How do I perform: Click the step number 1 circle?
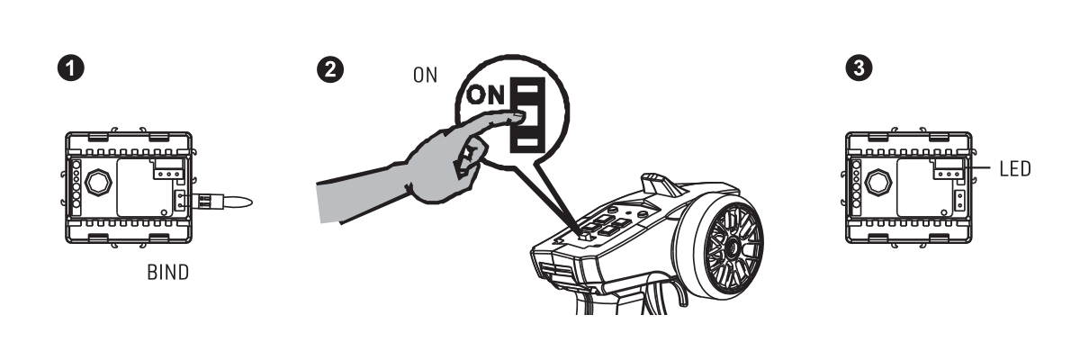click(x=71, y=68)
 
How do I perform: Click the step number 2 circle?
click(x=330, y=69)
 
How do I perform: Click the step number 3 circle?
click(x=859, y=67)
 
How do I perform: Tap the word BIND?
click(x=167, y=273)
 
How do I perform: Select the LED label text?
click(x=1015, y=169)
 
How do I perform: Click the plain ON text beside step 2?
click(x=425, y=76)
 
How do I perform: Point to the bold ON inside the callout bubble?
click(x=485, y=94)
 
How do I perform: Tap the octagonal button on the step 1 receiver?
click(x=98, y=183)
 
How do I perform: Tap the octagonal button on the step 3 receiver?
click(x=878, y=183)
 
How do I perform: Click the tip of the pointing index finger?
click(x=521, y=116)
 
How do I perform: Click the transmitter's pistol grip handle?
click(x=622, y=299)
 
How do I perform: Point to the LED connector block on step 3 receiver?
click(x=949, y=168)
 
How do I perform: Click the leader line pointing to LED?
click(x=976, y=168)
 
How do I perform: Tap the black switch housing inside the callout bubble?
click(x=528, y=115)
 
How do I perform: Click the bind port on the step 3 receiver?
click(x=959, y=201)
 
